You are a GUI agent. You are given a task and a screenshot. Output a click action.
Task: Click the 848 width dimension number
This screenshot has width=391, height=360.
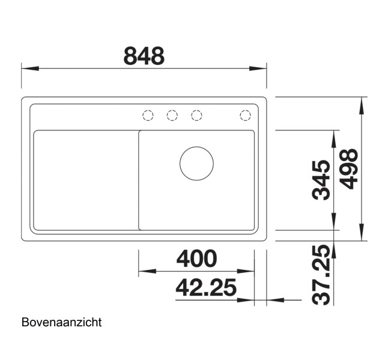[x=144, y=56]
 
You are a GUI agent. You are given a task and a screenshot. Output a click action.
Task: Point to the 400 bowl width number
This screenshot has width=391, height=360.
[x=196, y=258]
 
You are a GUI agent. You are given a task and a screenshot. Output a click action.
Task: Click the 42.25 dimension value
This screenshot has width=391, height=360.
[x=205, y=288]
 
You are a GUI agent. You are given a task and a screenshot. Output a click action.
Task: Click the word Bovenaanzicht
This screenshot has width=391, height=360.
[x=62, y=323]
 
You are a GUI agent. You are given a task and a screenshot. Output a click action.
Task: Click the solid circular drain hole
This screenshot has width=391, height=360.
[x=196, y=163]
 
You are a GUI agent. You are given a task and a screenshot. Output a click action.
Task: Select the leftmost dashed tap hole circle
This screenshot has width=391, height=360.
[x=148, y=115]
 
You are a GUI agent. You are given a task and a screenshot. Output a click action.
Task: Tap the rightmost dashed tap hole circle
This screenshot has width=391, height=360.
[x=245, y=115]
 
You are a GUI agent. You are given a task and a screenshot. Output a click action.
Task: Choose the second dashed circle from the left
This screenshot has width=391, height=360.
[x=172, y=115]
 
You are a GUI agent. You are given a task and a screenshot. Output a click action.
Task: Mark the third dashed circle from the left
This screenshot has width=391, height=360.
[x=196, y=115]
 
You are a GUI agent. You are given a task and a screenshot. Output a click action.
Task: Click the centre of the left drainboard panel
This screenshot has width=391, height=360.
[x=86, y=180]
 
